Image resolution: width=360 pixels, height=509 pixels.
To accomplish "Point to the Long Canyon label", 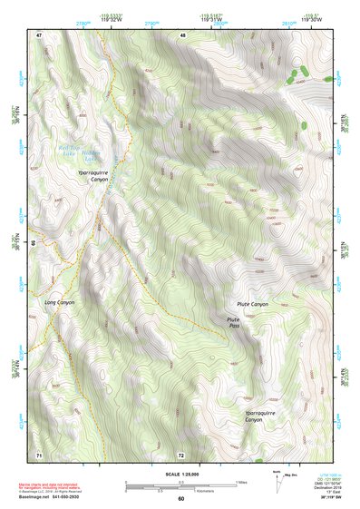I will (60, 302).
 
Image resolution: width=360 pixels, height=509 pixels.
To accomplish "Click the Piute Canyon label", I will (252, 304).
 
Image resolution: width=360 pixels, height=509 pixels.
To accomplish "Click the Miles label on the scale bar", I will (239, 482).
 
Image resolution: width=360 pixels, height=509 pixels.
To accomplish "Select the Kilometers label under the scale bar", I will (181, 493).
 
